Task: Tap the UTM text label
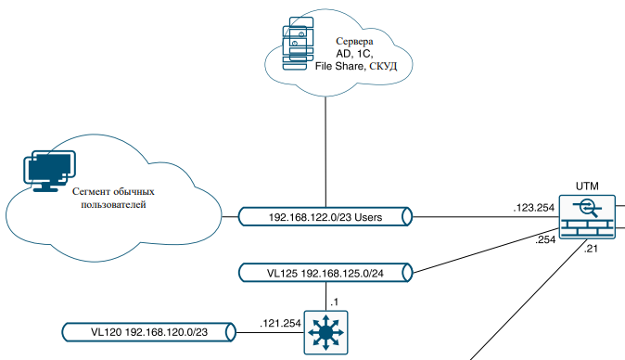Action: point(586,186)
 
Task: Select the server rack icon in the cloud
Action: point(296,44)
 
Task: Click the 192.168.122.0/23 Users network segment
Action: point(325,217)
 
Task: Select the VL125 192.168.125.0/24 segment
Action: point(325,274)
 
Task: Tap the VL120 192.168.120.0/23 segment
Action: point(149,331)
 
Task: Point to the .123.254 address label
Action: point(534,208)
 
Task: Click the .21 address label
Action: point(591,249)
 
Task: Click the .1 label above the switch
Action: point(334,302)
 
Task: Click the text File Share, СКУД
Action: point(354,68)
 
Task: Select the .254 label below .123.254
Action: point(544,239)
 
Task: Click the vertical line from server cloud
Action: point(325,148)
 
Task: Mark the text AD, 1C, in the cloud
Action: point(353,55)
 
